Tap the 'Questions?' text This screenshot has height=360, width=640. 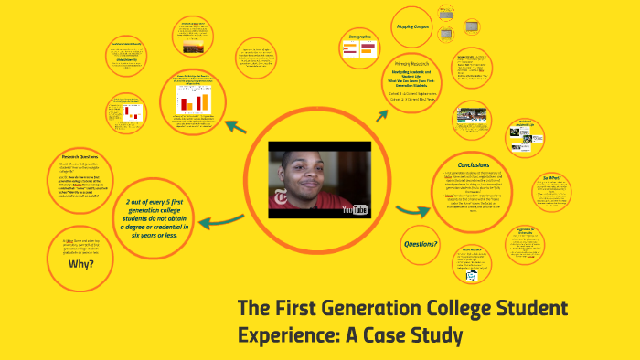click(x=421, y=244)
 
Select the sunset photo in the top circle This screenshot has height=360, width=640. click(x=193, y=42)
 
